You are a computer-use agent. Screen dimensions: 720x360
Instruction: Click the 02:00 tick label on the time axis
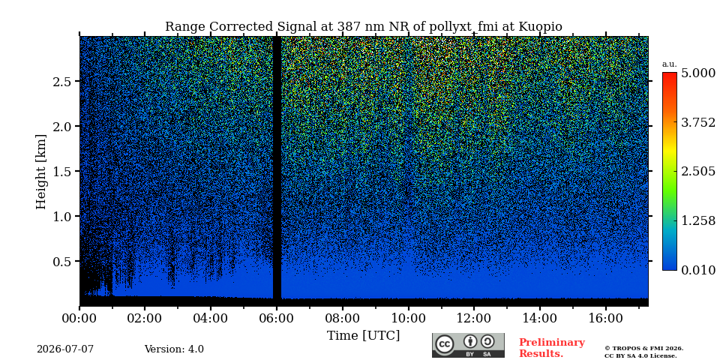point(145,319)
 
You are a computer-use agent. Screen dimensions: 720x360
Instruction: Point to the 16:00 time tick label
point(606,319)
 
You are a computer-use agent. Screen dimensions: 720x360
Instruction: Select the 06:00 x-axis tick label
point(277,319)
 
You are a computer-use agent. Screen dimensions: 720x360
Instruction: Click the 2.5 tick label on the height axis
point(63,81)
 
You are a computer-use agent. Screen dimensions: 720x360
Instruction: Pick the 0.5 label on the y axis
point(63,261)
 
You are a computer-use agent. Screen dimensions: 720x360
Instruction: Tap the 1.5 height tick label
point(63,171)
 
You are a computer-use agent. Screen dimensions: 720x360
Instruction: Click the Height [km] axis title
point(41,172)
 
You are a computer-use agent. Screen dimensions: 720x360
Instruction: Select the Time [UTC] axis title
point(363,336)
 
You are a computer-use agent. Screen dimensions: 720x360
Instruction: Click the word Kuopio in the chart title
point(540,27)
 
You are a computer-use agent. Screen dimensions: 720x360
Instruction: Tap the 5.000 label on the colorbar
point(698,73)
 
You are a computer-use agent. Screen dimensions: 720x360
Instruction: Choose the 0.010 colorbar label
point(698,270)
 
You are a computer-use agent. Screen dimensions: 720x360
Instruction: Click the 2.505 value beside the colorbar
point(698,172)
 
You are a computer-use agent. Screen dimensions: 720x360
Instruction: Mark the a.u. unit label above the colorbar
point(670,64)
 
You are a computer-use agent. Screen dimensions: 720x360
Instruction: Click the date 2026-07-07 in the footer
point(65,349)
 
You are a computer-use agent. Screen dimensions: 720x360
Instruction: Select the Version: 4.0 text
point(174,349)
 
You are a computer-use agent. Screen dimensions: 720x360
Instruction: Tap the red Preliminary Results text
point(551,348)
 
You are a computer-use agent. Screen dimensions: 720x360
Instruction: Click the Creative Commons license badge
point(468,345)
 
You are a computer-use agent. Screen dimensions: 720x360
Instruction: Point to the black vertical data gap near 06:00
point(277,167)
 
